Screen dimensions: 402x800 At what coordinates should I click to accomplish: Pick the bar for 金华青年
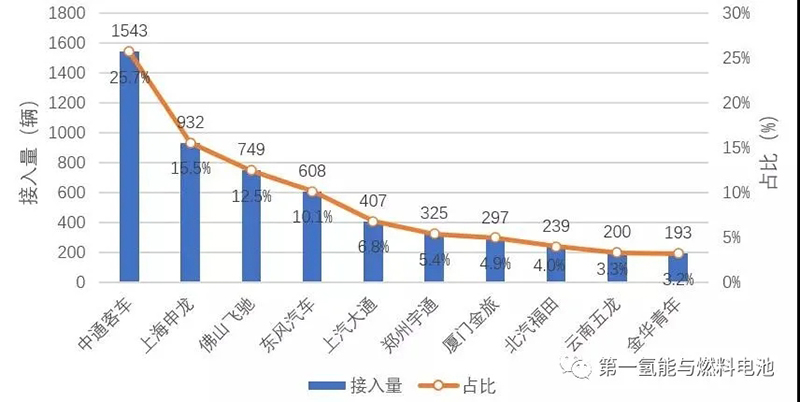678,268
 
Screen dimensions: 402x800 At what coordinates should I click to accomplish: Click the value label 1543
129,34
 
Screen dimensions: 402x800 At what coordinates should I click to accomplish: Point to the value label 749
251,150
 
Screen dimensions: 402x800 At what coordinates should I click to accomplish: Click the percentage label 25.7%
130,76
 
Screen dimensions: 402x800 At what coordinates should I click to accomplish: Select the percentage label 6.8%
372,246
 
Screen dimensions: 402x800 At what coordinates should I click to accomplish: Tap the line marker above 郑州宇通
434,234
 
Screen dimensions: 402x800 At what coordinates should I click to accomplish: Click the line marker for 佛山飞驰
251,170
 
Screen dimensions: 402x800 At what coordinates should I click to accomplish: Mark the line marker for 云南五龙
617,253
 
